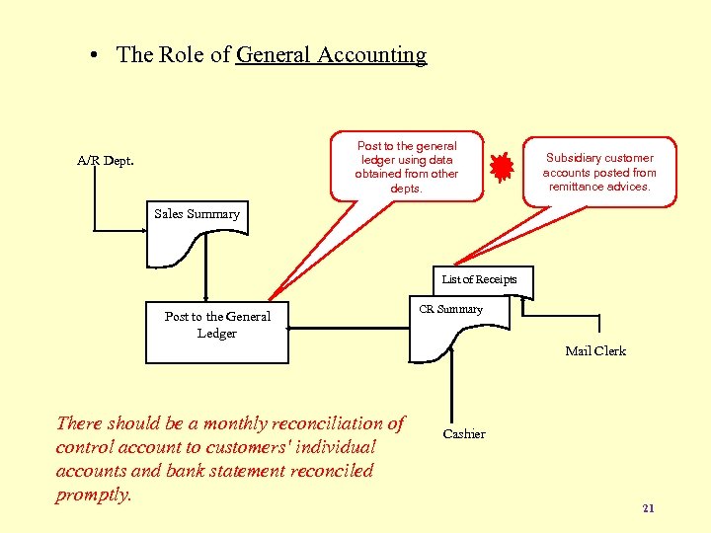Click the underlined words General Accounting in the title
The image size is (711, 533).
[331, 55]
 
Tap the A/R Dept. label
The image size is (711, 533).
[106, 160]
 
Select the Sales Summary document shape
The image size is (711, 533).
[197, 236]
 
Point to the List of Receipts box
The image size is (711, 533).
[479, 280]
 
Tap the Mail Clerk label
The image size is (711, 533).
[594, 350]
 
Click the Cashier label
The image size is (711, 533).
[463, 434]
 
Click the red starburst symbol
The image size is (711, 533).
[504, 167]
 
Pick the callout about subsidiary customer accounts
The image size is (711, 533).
[599, 172]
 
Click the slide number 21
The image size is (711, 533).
[648, 508]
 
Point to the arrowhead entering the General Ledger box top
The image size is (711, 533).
[205, 296]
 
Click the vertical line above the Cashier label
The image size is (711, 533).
[451, 390]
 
